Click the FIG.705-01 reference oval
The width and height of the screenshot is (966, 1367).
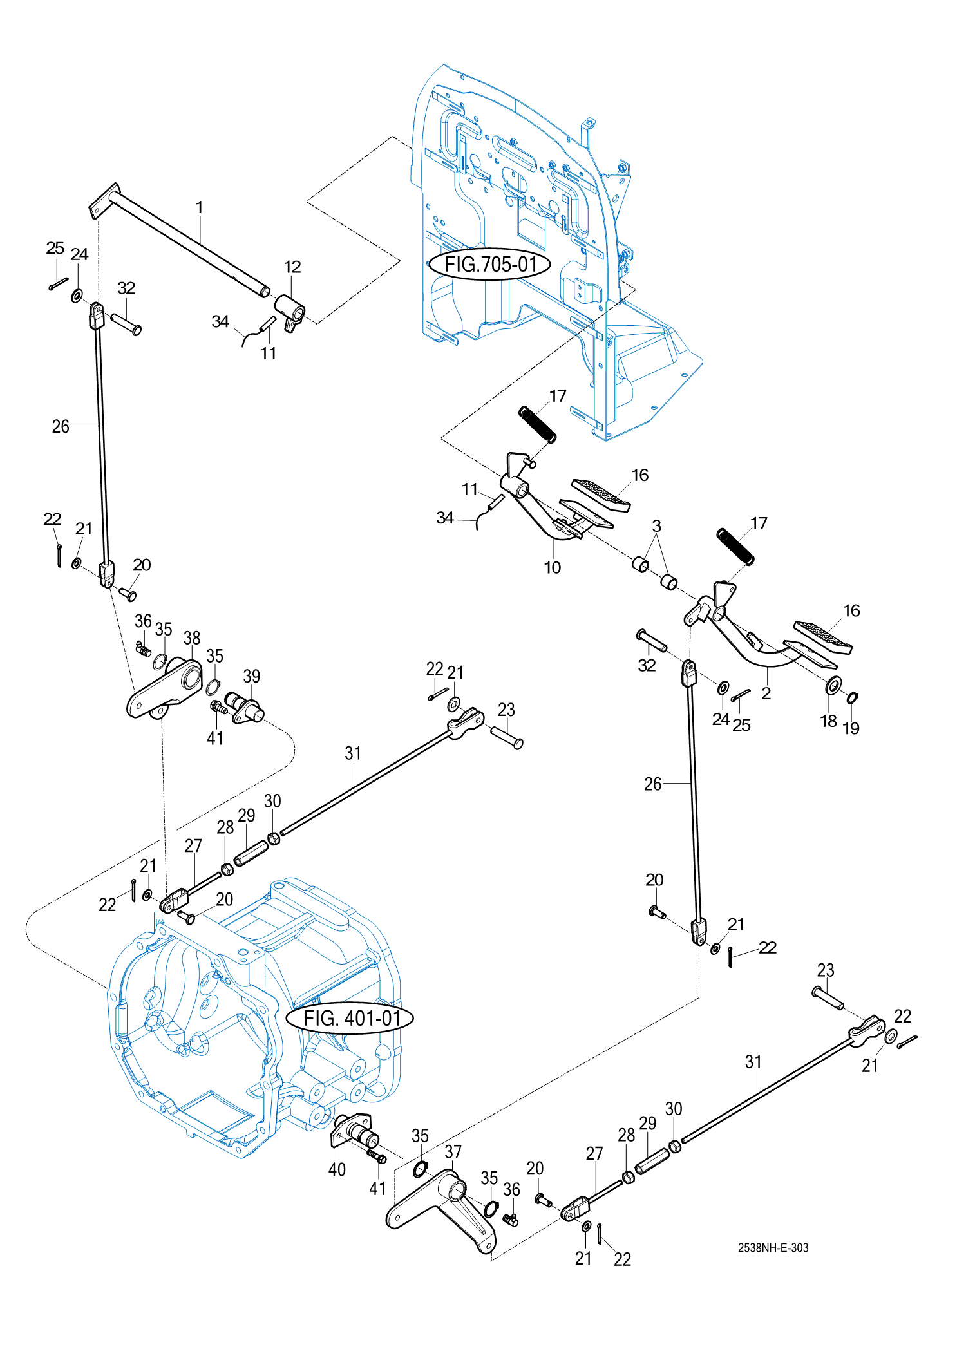point(490,264)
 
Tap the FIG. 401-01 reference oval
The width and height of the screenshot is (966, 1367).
point(350,1018)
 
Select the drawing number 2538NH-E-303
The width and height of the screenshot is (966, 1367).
point(773,1247)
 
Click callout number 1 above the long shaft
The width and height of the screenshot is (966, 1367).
point(200,207)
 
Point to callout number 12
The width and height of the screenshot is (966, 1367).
point(292,267)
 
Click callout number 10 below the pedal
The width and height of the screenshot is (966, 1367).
point(553,567)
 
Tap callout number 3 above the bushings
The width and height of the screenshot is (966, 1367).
point(656,525)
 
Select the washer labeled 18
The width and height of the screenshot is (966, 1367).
point(833,685)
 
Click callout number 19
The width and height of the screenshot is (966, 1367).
point(851,728)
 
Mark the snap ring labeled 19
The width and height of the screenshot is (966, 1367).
point(852,697)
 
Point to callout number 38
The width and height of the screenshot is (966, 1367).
point(192,637)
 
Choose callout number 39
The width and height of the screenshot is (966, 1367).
point(252,675)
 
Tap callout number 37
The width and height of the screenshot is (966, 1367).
point(453,1151)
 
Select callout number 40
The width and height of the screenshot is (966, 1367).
point(337,1169)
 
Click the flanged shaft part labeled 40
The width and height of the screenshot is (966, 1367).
point(354,1131)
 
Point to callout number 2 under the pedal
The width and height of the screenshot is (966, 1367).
point(766,693)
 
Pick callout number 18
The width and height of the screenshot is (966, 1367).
point(828,721)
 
